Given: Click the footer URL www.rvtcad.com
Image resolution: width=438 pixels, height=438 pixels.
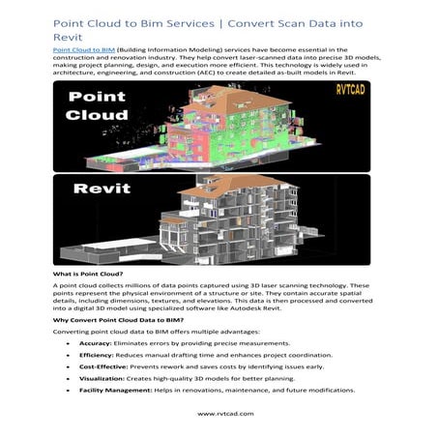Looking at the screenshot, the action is point(218,414).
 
